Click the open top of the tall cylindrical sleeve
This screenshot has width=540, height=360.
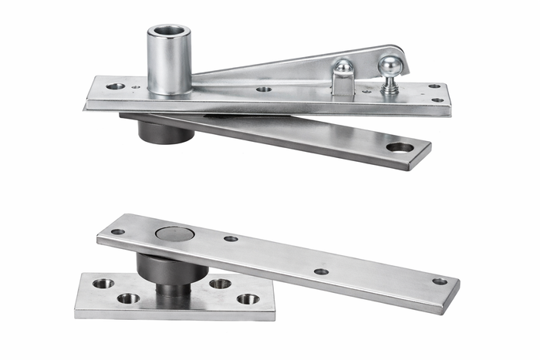pos(170,31)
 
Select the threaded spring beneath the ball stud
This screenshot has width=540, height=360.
pos(390,86)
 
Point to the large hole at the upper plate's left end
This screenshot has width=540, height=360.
pos(115,86)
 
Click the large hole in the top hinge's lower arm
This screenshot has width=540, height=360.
pos(400,146)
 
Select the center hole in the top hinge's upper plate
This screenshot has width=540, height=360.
pos(264,89)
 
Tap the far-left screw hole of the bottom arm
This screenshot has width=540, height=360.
pos(117,231)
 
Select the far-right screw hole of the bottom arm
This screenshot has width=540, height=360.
pos(440,281)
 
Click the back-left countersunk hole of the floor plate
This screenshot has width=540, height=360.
pos(103,283)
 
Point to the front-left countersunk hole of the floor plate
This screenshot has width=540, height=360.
pos(128,298)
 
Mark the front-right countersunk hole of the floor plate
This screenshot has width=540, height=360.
pos(248,298)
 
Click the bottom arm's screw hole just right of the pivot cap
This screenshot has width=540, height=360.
pos(231,239)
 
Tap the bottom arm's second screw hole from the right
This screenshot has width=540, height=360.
pos(321,271)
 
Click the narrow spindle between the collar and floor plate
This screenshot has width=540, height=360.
pos(173,290)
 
